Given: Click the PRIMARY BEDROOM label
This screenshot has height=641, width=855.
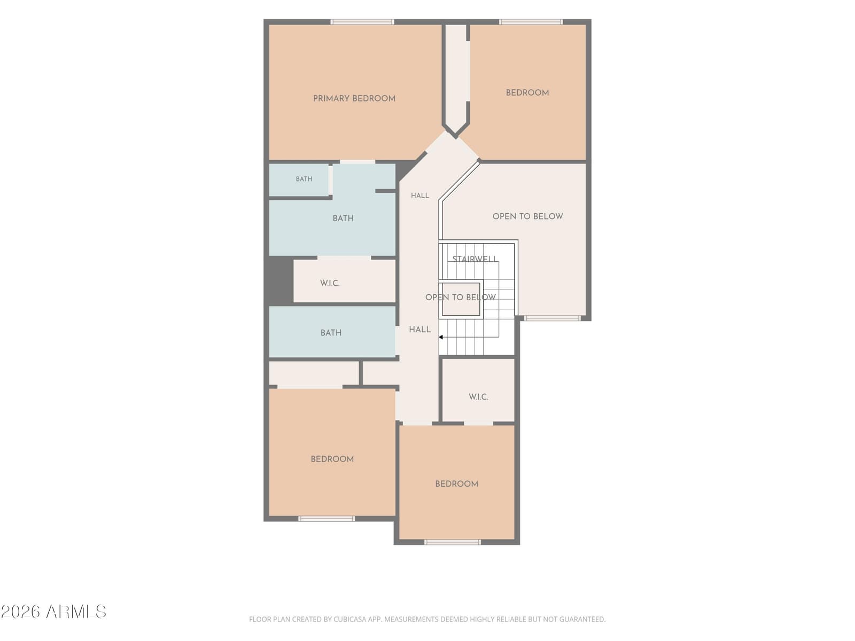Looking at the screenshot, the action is click(x=354, y=98).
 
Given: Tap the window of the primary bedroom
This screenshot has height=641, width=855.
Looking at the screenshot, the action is click(x=362, y=22).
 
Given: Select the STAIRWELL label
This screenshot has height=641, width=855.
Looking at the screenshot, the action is click(x=475, y=259).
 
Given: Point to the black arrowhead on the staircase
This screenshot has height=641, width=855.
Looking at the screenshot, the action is click(x=440, y=337).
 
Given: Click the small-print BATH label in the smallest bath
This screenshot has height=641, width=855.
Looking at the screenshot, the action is click(x=304, y=179).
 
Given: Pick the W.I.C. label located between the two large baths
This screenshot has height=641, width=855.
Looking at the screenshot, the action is click(x=330, y=283).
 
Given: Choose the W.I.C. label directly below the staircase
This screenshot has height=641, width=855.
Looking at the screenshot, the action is click(x=478, y=397).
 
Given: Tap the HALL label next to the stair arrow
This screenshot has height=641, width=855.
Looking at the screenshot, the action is click(x=419, y=330).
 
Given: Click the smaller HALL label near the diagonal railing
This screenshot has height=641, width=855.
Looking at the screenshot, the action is click(x=419, y=196).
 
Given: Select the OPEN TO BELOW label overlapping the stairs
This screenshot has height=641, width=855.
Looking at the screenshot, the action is click(x=461, y=298).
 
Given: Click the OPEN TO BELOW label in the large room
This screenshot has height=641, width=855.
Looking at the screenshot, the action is click(x=527, y=216).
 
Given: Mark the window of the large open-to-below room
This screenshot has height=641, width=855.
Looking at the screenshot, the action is click(x=552, y=318).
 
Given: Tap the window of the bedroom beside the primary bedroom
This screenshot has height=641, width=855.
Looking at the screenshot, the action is click(x=531, y=22).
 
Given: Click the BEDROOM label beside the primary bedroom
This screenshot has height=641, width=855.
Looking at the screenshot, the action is click(x=527, y=92).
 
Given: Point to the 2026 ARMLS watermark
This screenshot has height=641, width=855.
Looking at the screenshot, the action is click(x=53, y=612).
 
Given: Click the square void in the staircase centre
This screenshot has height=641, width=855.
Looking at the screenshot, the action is click(x=461, y=299).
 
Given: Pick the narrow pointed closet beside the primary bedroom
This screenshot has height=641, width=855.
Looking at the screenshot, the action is click(x=456, y=78).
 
